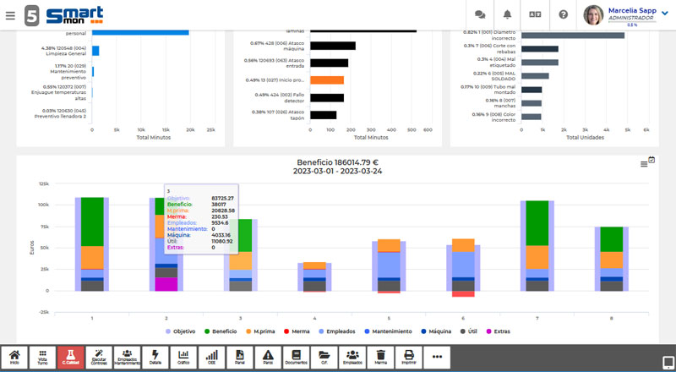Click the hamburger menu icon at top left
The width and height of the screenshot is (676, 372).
pyautogui.click(x=10, y=14)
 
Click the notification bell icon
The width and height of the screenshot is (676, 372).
pyautogui.click(x=507, y=14)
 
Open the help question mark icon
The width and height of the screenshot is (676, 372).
pyautogui.click(x=563, y=14)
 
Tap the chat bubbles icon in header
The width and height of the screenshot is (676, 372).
pyautogui.click(x=480, y=14)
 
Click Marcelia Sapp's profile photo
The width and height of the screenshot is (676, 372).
pyautogui.click(x=593, y=14)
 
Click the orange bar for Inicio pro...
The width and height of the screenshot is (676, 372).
pyautogui.click(x=326, y=80)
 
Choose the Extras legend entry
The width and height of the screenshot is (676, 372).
pyautogui.click(x=497, y=331)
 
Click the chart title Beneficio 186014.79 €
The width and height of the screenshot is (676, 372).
pyautogui.click(x=338, y=161)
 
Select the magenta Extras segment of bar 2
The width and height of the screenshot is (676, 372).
pyautogui.click(x=166, y=284)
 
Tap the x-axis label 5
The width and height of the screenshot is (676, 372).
pyautogui.click(x=389, y=318)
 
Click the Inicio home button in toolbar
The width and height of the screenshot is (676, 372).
pyautogui.click(x=14, y=358)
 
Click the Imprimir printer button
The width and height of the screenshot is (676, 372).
pyautogui.click(x=408, y=358)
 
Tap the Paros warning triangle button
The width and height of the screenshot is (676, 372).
pyautogui.click(x=267, y=358)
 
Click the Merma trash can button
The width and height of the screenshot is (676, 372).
pyautogui.click(x=380, y=358)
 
